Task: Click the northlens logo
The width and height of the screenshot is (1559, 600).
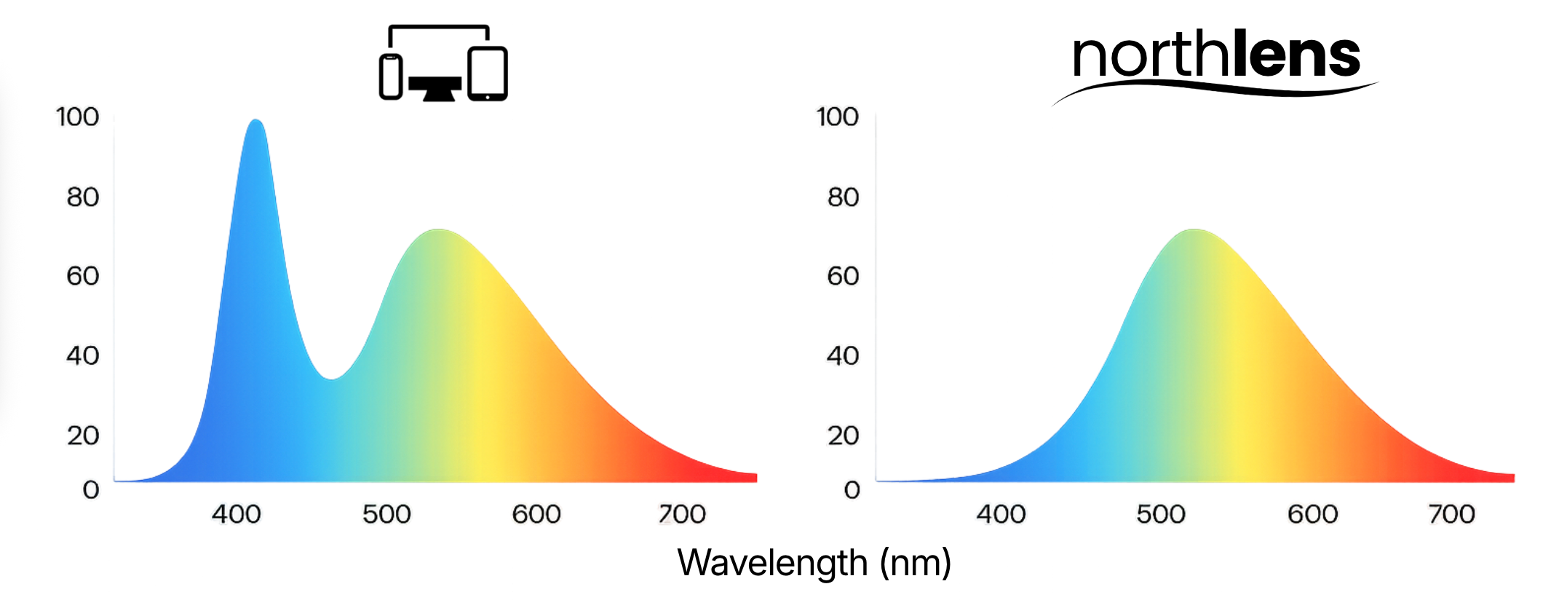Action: pos(1215,62)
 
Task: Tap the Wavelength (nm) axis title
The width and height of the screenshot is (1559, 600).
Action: pos(814,563)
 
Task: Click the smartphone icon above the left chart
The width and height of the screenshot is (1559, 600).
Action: pos(391,76)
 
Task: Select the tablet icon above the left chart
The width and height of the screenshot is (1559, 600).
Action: pos(488,73)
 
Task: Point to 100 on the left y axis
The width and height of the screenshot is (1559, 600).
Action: pos(77,117)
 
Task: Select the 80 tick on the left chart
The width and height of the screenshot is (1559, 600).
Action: pos(82,197)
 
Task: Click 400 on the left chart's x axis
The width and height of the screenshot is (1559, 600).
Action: pos(237,514)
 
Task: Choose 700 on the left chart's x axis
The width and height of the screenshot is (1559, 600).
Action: pos(682,514)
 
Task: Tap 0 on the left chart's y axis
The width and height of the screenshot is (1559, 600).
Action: pos(90,489)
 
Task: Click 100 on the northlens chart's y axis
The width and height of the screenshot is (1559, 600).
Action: pos(837,117)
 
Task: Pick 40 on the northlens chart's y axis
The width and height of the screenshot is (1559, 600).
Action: pos(843,355)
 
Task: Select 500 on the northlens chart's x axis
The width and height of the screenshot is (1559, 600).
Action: pos(1161,514)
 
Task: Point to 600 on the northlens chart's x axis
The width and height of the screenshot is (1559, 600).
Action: pos(1312,514)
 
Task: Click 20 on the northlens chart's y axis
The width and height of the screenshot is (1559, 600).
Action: pos(843,435)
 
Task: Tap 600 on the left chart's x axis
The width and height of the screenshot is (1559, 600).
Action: pos(536,514)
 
